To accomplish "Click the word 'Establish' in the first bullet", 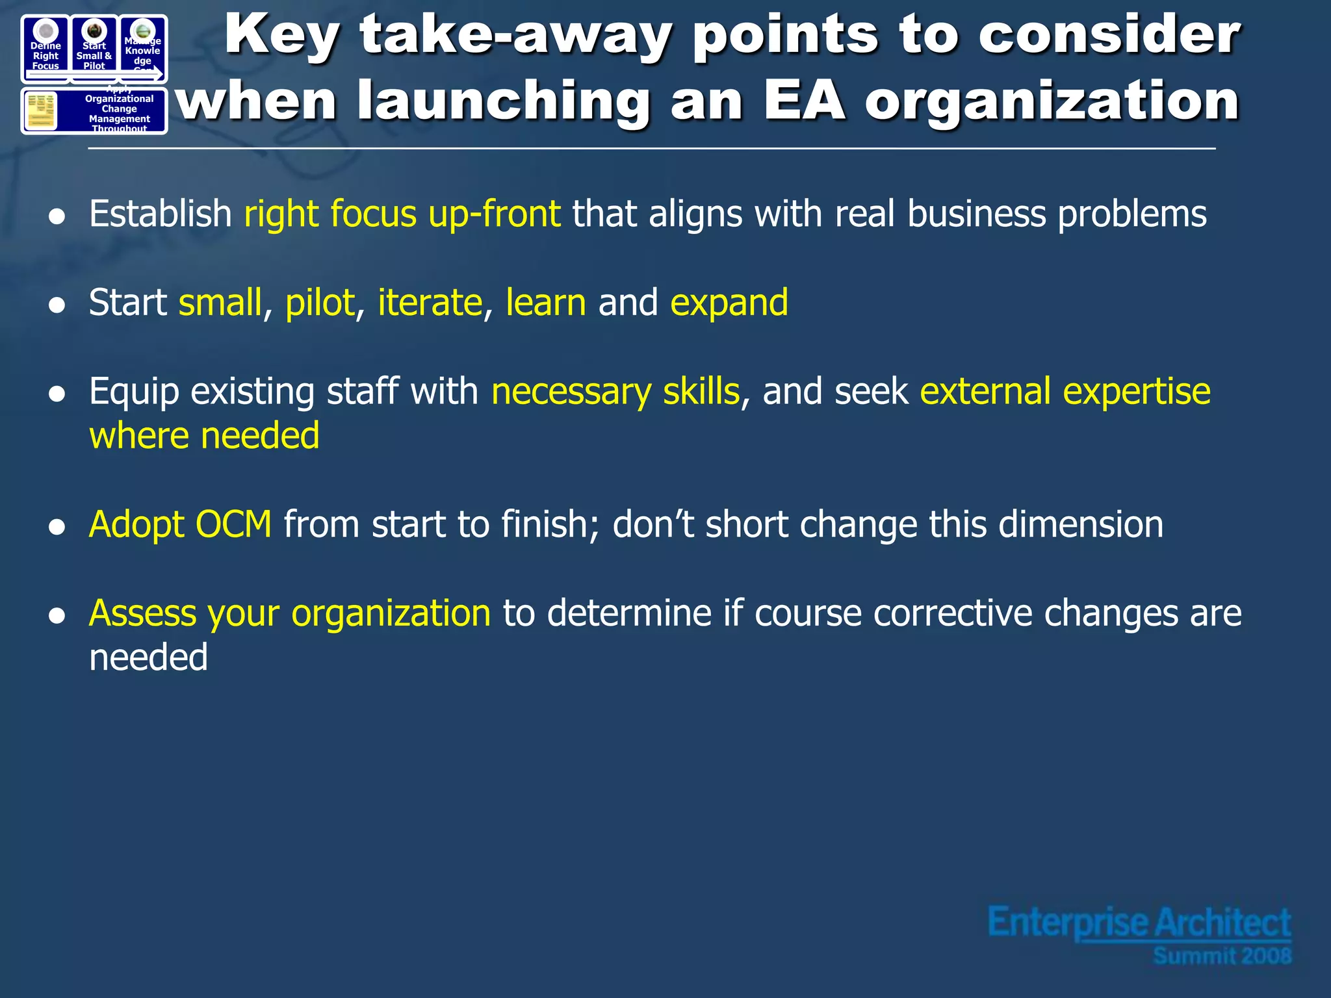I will (160, 214).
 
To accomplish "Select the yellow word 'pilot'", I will (320, 303).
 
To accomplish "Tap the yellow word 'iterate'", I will (430, 303).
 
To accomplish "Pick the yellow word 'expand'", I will (729, 303).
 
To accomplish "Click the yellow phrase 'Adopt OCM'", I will (180, 524).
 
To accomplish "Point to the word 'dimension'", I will (1080, 524).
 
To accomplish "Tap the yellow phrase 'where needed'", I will (204, 436).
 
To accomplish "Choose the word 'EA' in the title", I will (804, 101).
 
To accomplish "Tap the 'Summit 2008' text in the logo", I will (1222, 956).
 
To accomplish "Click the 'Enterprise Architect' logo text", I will (1139, 923).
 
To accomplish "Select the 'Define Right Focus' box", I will (45, 48).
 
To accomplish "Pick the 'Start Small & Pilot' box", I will (94, 48).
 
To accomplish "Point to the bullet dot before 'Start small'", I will (57, 305).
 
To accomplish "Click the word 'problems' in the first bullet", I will (1131, 214).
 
